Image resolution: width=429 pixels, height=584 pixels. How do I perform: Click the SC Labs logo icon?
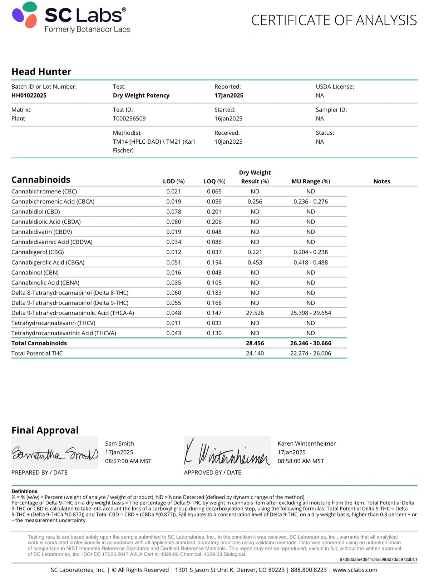[x=25, y=15]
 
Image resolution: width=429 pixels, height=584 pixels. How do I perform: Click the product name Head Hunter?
[x=41, y=72]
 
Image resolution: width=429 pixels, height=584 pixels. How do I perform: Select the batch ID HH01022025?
[x=29, y=95]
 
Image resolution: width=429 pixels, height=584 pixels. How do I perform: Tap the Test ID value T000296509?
[x=129, y=119]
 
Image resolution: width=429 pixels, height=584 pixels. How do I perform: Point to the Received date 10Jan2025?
[x=228, y=142]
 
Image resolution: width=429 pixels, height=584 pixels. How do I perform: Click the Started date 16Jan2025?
[x=228, y=119]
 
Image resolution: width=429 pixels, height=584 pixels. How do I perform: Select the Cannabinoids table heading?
[x=41, y=180]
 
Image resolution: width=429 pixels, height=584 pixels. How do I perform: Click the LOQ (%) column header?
[x=214, y=182]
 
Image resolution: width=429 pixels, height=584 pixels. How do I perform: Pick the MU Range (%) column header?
[x=311, y=182]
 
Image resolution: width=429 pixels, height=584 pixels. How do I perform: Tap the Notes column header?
[x=382, y=182]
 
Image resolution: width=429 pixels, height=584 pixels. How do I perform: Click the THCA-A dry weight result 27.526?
[x=255, y=313]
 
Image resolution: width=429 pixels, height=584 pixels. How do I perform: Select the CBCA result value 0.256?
[x=255, y=202]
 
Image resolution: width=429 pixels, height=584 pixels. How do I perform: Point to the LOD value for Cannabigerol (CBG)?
[x=174, y=252]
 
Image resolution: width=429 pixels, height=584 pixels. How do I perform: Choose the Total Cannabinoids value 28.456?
[x=255, y=343]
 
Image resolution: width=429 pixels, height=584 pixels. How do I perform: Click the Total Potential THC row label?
[x=37, y=353]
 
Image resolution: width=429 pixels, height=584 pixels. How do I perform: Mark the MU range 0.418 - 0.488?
[x=311, y=262]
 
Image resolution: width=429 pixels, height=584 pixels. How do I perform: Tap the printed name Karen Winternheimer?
[x=307, y=444]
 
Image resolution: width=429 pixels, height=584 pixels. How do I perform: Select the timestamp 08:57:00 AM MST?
[x=128, y=461]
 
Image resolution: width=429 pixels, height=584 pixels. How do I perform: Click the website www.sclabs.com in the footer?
[x=355, y=570]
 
